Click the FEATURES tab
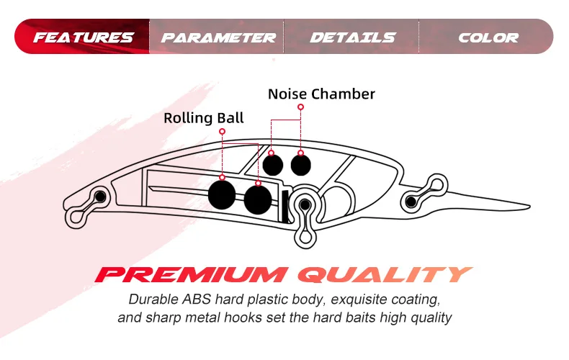[84, 37]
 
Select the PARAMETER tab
[218, 37]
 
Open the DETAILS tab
[352, 37]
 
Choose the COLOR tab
[488, 37]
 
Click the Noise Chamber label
[321, 94]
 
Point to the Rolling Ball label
[203, 118]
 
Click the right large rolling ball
[257, 199]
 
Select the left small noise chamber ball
[272, 165]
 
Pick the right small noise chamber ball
[301, 165]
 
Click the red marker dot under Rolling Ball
[223, 132]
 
